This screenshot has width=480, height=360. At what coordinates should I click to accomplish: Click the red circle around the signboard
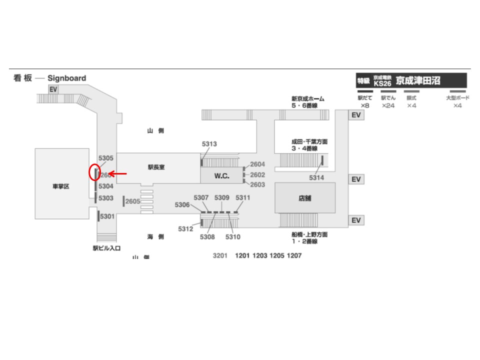(94, 172)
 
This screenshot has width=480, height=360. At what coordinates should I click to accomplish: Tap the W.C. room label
(221, 176)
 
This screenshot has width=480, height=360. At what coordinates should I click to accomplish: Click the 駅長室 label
(156, 168)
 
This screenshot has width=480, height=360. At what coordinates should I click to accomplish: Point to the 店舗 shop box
(304, 198)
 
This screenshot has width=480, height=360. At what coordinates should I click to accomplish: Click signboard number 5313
(209, 144)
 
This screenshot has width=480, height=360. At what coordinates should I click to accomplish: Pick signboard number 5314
(316, 178)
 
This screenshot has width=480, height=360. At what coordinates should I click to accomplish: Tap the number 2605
(133, 201)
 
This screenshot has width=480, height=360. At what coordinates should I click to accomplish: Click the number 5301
(107, 216)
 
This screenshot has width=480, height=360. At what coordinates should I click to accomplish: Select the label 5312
(185, 229)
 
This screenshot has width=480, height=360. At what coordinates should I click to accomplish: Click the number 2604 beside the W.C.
(257, 164)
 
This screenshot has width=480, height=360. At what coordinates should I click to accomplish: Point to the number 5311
(242, 197)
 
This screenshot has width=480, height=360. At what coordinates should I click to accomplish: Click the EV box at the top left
(53, 89)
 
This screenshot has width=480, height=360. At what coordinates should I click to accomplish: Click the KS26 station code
(382, 83)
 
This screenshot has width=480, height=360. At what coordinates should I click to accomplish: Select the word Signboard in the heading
(66, 78)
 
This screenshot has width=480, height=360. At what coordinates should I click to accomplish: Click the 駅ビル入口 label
(106, 248)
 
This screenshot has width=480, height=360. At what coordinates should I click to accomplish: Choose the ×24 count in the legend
(388, 106)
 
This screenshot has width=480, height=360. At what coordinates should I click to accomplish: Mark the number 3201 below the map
(220, 255)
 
